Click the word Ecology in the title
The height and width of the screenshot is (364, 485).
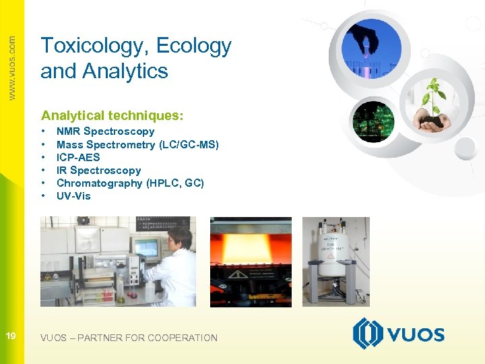coord(194,46)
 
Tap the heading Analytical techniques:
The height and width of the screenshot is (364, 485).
coord(112,115)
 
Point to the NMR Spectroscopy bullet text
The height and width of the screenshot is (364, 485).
coord(105,131)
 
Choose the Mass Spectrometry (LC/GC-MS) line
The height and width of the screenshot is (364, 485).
coord(137,144)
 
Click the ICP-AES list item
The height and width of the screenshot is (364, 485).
coord(78,157)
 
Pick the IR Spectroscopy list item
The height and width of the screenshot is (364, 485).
coord(98,171)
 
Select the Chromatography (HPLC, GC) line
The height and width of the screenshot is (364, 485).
coord(130,183)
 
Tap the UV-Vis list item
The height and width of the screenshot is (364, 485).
coord(73,196)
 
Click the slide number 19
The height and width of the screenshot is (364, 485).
coord(11,335)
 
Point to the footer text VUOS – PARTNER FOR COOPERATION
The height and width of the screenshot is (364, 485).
coord(129,338)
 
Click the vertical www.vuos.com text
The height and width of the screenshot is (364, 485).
coord(11,67)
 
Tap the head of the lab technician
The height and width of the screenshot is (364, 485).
coord(181,236)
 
